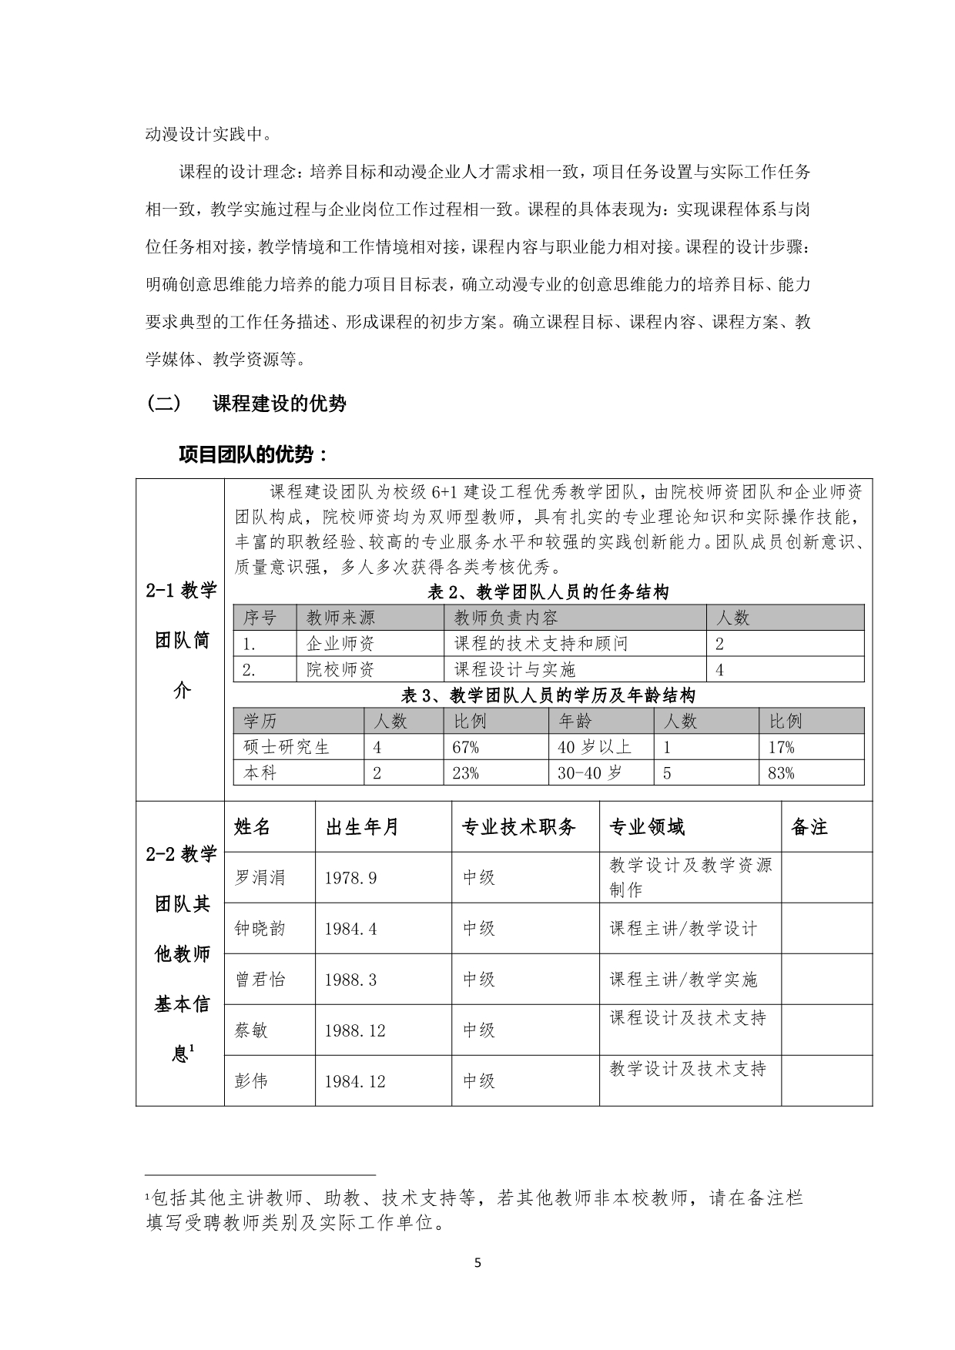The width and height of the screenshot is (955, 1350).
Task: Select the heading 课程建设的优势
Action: pyautogui.click(x=279, y=404)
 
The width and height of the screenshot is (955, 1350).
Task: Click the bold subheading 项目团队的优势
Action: pyautogui.click(x=253, y=454)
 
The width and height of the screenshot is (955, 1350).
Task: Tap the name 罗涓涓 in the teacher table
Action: pyautogui.click(x=260, y=877)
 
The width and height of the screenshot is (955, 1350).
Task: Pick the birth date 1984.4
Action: pyautogui.click(x=350, y=929)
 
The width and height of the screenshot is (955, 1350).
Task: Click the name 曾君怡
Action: pyautogui.click(x=260, y=980)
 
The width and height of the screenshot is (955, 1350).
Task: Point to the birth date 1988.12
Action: pyautogui.click(x=354, y=1030)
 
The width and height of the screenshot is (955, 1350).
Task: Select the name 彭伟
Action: pyautogui.click(x=251, y=1081)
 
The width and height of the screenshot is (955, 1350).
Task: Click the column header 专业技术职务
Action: pyautogui.click(x=518, y=827)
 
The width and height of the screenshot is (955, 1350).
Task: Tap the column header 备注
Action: pyautogui.click(x=809, y=827)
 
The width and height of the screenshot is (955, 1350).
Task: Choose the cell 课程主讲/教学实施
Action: pyautogui.click(x=683, y=980)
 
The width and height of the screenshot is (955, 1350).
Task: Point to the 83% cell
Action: pyautogui.click(x=781, y=773)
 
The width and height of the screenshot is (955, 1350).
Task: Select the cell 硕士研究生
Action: pyautogui.click(x=286, y=747)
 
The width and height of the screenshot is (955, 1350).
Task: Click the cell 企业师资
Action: pyautogui.click(x=340, y=644)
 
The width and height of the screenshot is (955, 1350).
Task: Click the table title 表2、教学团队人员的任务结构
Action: pyautogui.click(x=548, y=592)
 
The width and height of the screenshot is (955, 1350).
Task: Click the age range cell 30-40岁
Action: pyautogui.click(x=589, y=773)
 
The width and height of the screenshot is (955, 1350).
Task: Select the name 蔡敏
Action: pyautogui.click(x=251, y=1030)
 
